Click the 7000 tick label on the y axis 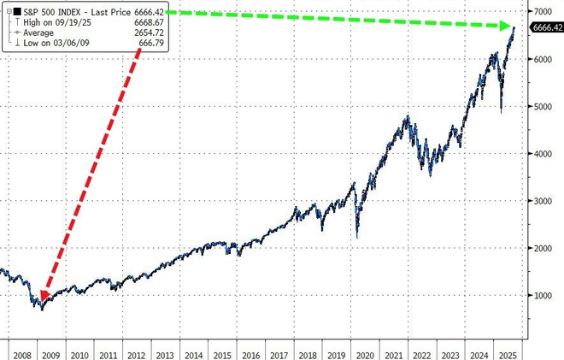pos(543,12)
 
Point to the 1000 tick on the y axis pos(543,295)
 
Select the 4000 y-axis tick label pos(543,154)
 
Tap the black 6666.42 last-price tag pos(547,27)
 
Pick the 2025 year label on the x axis pos(507,353)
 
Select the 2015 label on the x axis pos(221,353)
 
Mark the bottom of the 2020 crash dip pos(357,238)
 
